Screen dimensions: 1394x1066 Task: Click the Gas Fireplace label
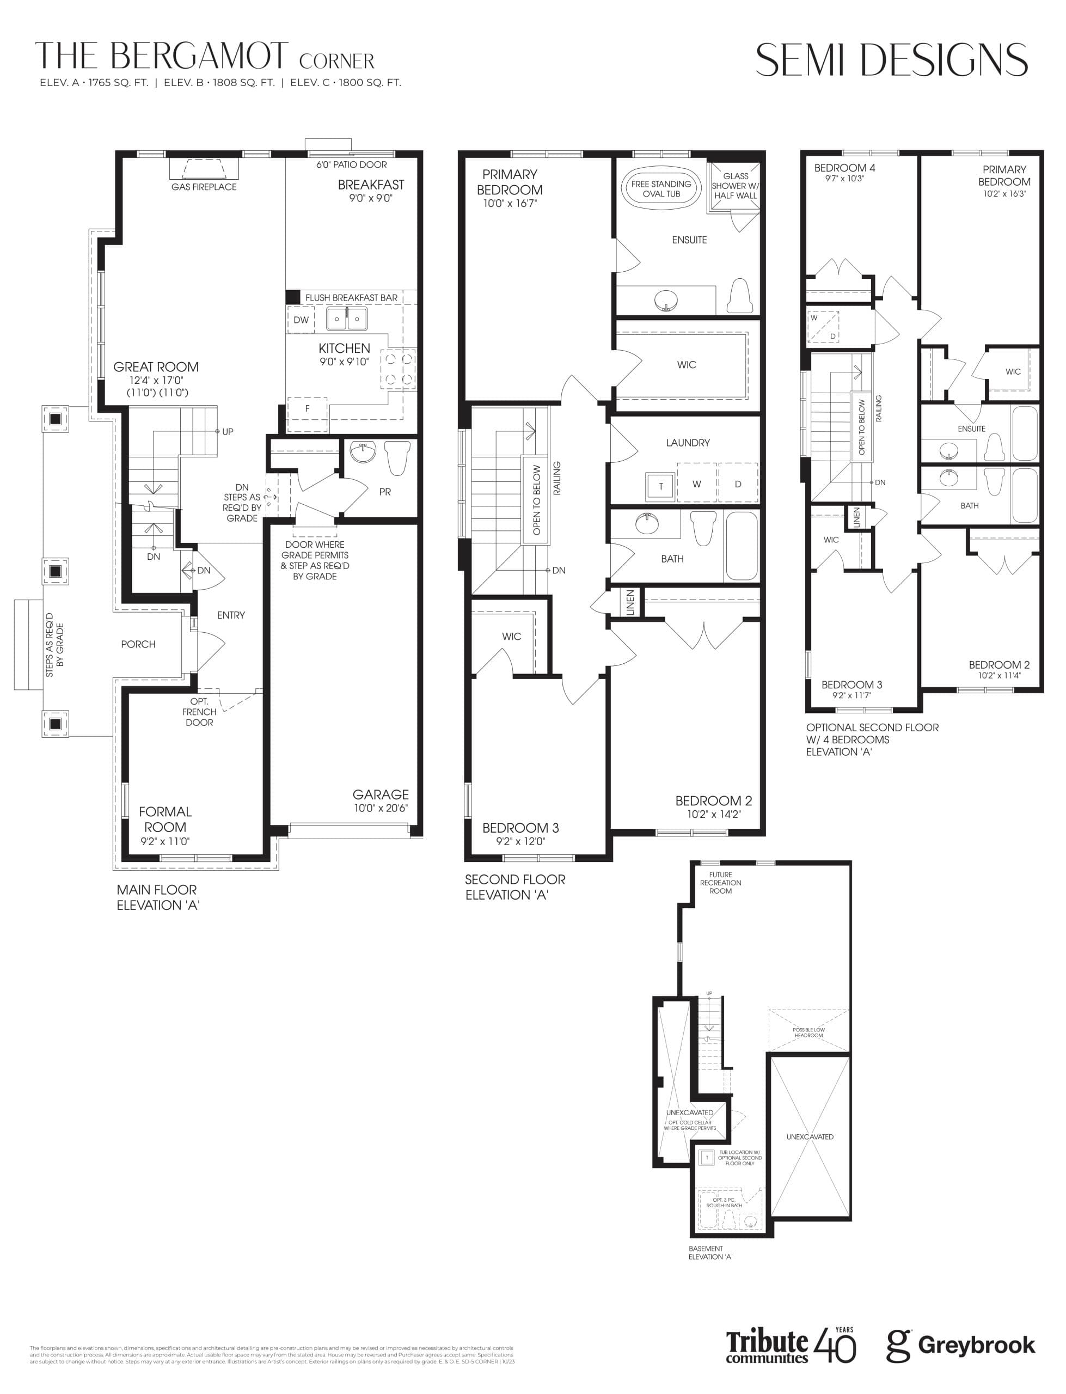coord(204,187)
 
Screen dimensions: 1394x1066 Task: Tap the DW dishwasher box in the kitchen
coord(301,320)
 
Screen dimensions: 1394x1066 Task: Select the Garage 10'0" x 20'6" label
coord(381,801)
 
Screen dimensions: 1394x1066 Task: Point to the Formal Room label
coord(165,819)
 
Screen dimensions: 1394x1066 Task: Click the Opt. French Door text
coord(199,712)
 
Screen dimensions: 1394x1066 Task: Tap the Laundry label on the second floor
coord(688,443)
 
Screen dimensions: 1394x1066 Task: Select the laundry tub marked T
coord(660,486)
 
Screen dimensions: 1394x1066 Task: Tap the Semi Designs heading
coord(891,61)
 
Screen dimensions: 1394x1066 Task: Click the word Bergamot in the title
coord(199,57)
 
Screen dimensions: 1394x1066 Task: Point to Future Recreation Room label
coord(720,883)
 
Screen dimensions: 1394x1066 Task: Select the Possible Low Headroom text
coord(808,1032)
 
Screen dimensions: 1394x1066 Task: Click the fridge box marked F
coord(307,408)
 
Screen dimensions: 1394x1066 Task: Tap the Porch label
coord(138,645)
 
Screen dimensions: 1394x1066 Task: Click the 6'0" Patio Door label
coord(352,165)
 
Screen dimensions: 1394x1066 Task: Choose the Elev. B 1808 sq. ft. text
coord(219,82)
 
